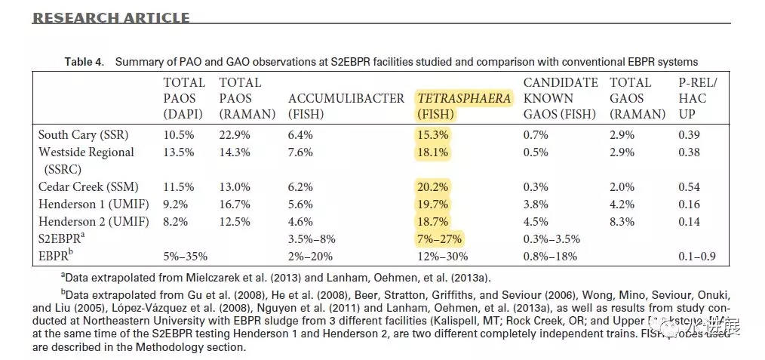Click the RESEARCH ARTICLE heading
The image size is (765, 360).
point(111,18)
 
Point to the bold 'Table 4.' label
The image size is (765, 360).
point(83,62)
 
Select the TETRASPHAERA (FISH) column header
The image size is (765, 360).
point(463,106)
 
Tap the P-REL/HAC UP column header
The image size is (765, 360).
point(698,98)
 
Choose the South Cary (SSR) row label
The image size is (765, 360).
point(84,134)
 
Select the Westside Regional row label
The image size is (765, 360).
point(86,152)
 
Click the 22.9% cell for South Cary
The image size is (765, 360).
point(235,134)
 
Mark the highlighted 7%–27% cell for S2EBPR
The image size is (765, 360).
point(440,239)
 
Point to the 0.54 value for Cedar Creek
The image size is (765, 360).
point(689,186)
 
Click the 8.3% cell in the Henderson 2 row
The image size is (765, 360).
point(623,222)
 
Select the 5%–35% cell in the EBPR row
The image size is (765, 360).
point(183,257)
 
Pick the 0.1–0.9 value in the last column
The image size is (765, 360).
point(697,257)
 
